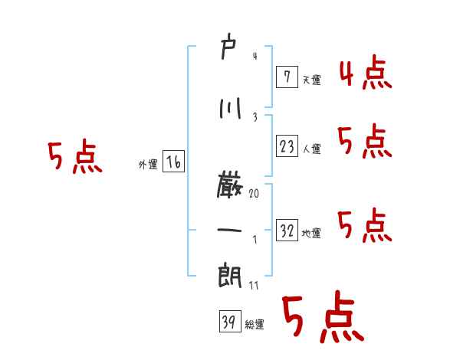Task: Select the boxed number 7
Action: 285,77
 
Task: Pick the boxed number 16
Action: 173,162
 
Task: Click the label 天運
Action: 310,80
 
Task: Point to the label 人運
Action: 311,149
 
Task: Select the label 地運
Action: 311,234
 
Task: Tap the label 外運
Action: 147,165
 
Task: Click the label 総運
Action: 255,325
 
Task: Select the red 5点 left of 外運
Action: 74,159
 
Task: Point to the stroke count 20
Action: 254,193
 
